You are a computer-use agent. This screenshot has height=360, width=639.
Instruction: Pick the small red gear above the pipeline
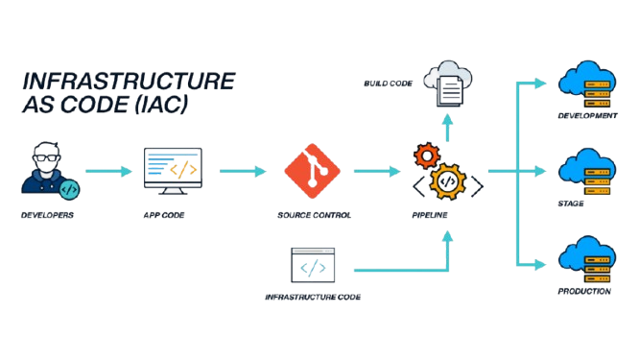[424, 154]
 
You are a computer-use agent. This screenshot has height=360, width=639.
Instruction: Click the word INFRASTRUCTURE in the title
[128, 81]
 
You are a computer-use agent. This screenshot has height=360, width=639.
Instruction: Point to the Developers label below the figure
[46, 216]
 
